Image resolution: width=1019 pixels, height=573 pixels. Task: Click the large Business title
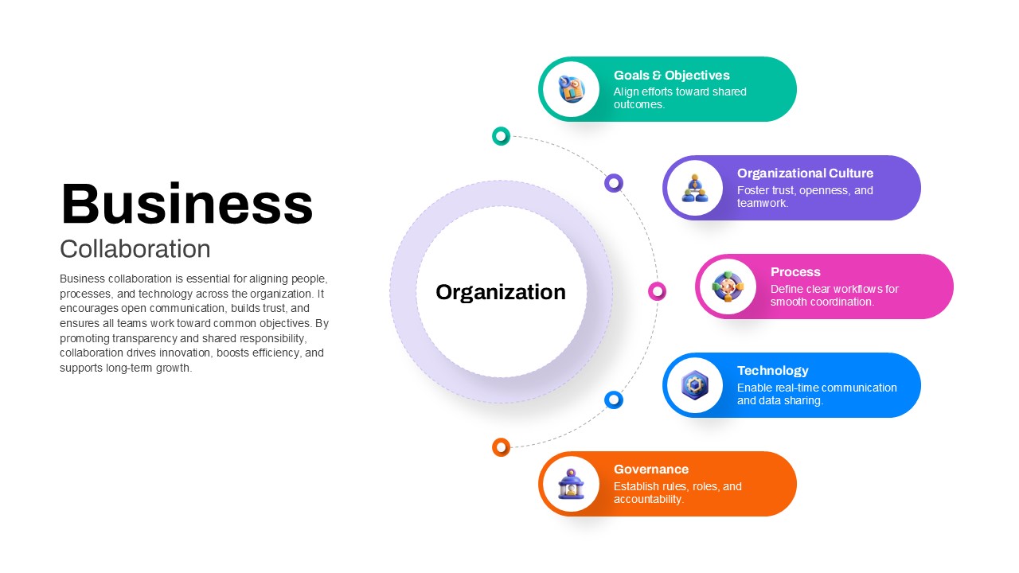coord(186,204)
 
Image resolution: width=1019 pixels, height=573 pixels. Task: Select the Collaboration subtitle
coord(135,249)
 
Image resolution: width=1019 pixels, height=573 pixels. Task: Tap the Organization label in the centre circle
coord(501,292)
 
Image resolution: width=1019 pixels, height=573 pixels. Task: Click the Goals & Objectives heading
coord(671,76)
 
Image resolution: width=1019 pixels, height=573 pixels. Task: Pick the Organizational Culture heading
coord(805,173)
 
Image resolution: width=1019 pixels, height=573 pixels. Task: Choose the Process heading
coord(795,272)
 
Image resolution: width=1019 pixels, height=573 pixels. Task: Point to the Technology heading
coord(772,371)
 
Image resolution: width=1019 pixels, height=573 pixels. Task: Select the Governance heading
coord(651,470)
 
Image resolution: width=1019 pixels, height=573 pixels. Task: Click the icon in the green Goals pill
coord(571,89)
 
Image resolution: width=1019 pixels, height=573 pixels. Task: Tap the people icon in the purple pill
coord(694,188)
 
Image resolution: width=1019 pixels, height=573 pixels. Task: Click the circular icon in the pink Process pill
coord(727,286)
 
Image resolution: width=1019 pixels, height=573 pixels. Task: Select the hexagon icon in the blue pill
coord(694,385)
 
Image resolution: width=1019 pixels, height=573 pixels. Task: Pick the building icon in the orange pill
coord(571,484)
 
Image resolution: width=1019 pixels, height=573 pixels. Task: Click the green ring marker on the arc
coord(501,136)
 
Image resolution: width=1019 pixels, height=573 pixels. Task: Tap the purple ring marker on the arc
coord(613,183)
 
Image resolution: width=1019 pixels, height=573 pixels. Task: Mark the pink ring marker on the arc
coord(657,291)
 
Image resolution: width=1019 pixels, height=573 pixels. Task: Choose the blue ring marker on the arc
coord(613,400)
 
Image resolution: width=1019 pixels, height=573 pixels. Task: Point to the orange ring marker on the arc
coord(501,447)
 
